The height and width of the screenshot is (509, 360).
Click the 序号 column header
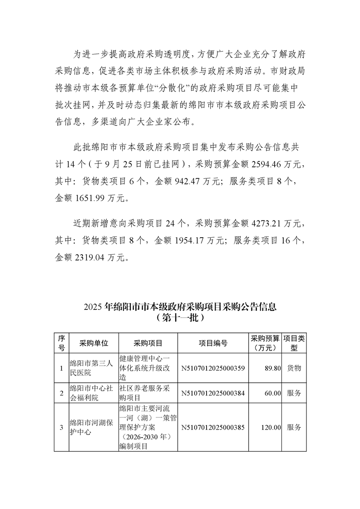click(61, 343)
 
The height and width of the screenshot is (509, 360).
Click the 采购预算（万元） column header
click(265, 343)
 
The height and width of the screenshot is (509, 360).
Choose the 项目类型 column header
click(294, 343)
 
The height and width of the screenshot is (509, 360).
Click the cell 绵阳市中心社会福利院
click(90, 393)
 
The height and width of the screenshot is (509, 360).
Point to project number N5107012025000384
click(213, 393)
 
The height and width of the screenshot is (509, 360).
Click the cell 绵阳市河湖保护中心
click(90, 427)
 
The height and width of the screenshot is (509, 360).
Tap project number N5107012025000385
click(213, 427)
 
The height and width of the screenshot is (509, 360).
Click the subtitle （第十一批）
click(180, 318)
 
